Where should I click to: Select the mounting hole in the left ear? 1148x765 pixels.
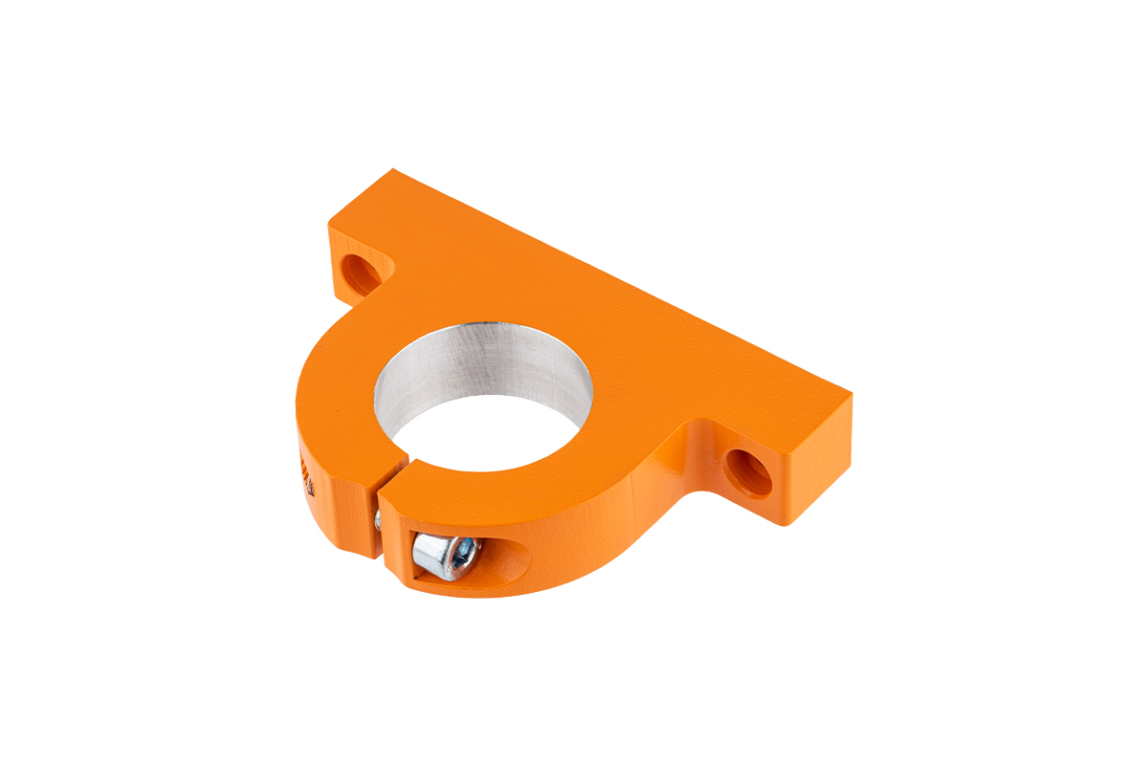point(363,272)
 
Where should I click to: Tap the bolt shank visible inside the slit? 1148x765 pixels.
point(378,520)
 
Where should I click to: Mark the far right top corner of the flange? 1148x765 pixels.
point(850,392)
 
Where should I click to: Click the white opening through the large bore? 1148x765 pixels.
point(488,435)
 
